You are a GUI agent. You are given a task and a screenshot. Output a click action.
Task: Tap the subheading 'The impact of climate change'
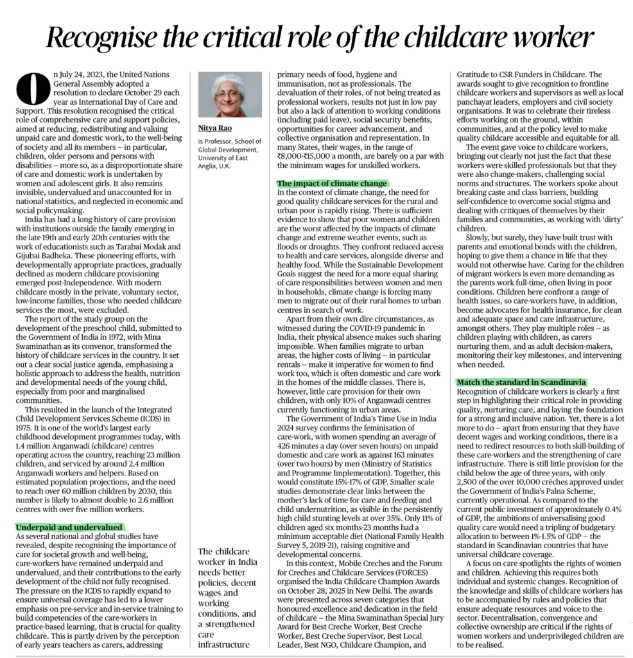pos(332,183)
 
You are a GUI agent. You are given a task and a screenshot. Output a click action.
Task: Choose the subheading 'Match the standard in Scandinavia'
pos(521,382)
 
